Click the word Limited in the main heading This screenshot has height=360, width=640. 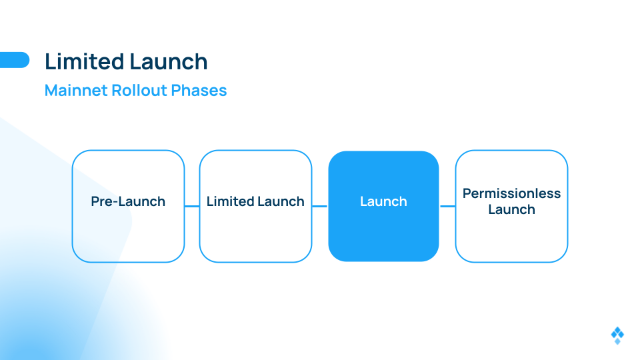[85, 61]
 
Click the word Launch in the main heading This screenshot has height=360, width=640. [169, 61]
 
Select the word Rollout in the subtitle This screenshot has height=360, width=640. [139, 90]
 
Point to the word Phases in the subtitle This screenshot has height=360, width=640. [199, 90]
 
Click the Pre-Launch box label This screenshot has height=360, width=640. [128, 201]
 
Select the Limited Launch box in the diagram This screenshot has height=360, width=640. [255, 206]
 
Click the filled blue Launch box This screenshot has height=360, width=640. [384, 206]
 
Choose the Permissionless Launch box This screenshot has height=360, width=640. [511, 206]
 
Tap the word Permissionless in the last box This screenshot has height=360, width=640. [511, 193]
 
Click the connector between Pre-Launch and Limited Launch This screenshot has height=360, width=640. [192, 206]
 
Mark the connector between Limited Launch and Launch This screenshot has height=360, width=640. [320, 206]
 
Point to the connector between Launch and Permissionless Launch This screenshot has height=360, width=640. [447, 206]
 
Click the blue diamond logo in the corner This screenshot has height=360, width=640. [617, 335]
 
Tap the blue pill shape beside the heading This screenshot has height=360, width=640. [15, 60]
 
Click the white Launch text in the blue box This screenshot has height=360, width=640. [384, 201]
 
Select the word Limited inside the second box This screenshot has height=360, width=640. [231, 201]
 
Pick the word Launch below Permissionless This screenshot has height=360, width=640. [511, 209]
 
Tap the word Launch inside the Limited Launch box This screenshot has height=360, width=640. [281, 201]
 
